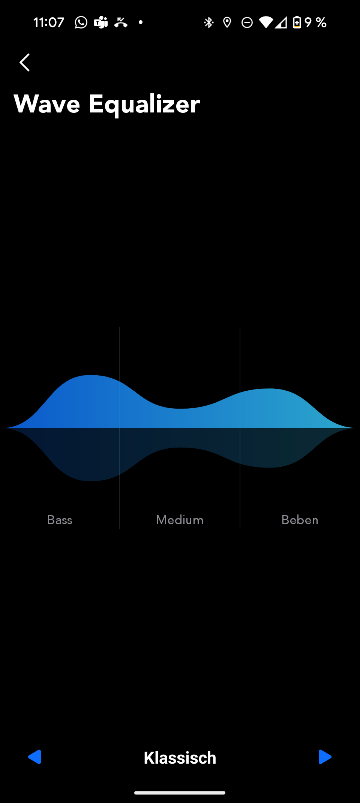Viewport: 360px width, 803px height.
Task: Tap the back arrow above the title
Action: pyautogui.click(x=24, y=62)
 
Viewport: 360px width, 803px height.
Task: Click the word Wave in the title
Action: pyautogui.click(x=47, y=104)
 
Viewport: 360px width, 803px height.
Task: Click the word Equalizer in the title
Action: pyautogui.click(x=144, y=105)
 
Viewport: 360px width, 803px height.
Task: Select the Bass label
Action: pyautogui.click(x=60, y=520)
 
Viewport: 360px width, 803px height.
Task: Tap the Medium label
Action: pyautogui.click(x=180, y=520)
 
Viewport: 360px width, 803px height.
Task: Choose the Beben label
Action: pyautogui.click(x=300, y=520)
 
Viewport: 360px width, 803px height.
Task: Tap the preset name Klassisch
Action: pyautogui.click(x=180, y=758)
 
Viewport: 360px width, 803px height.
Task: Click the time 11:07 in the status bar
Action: pyautogui.click(x=49, y=22)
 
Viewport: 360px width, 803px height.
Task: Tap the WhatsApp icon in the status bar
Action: pyautogui.click(x=81, y=22)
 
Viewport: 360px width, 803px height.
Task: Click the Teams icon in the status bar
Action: pyautogui.click(x=101, y=22)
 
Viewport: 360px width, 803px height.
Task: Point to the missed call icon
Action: pyautogui.click(x=121, y=22)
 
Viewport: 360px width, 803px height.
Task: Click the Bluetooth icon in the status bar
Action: pyautogui.click(x=208, y=22)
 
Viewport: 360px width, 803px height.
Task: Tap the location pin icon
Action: pyautogui.click(x=227, y=22)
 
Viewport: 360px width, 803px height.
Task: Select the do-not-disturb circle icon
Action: pyautogui.click(x=247, y=22)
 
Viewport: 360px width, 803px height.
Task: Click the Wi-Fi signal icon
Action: pyautogui.click(x=266, y=22)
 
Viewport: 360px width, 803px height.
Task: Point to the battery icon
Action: pyautogui.click(x=297, y=22)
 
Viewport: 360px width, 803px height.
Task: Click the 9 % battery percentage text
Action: pyautogui.click(x=315, y=22)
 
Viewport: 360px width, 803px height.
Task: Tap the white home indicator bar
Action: pyautogui.click(x=180, y=793)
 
